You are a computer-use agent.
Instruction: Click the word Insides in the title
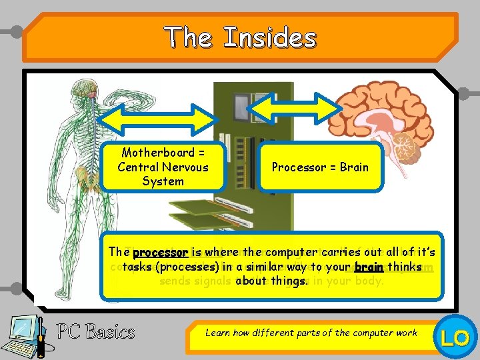(269, 37)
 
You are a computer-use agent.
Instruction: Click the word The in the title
(189, 37)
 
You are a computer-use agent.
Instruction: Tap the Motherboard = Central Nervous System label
(163, 167)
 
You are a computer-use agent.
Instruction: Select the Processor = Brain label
(320, 167)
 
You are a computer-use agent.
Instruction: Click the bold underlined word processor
(161, 253)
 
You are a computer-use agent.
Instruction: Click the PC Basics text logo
(95, 331)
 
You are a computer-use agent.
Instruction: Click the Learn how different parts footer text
(311, 332)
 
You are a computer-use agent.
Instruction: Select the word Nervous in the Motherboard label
(181, 167)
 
